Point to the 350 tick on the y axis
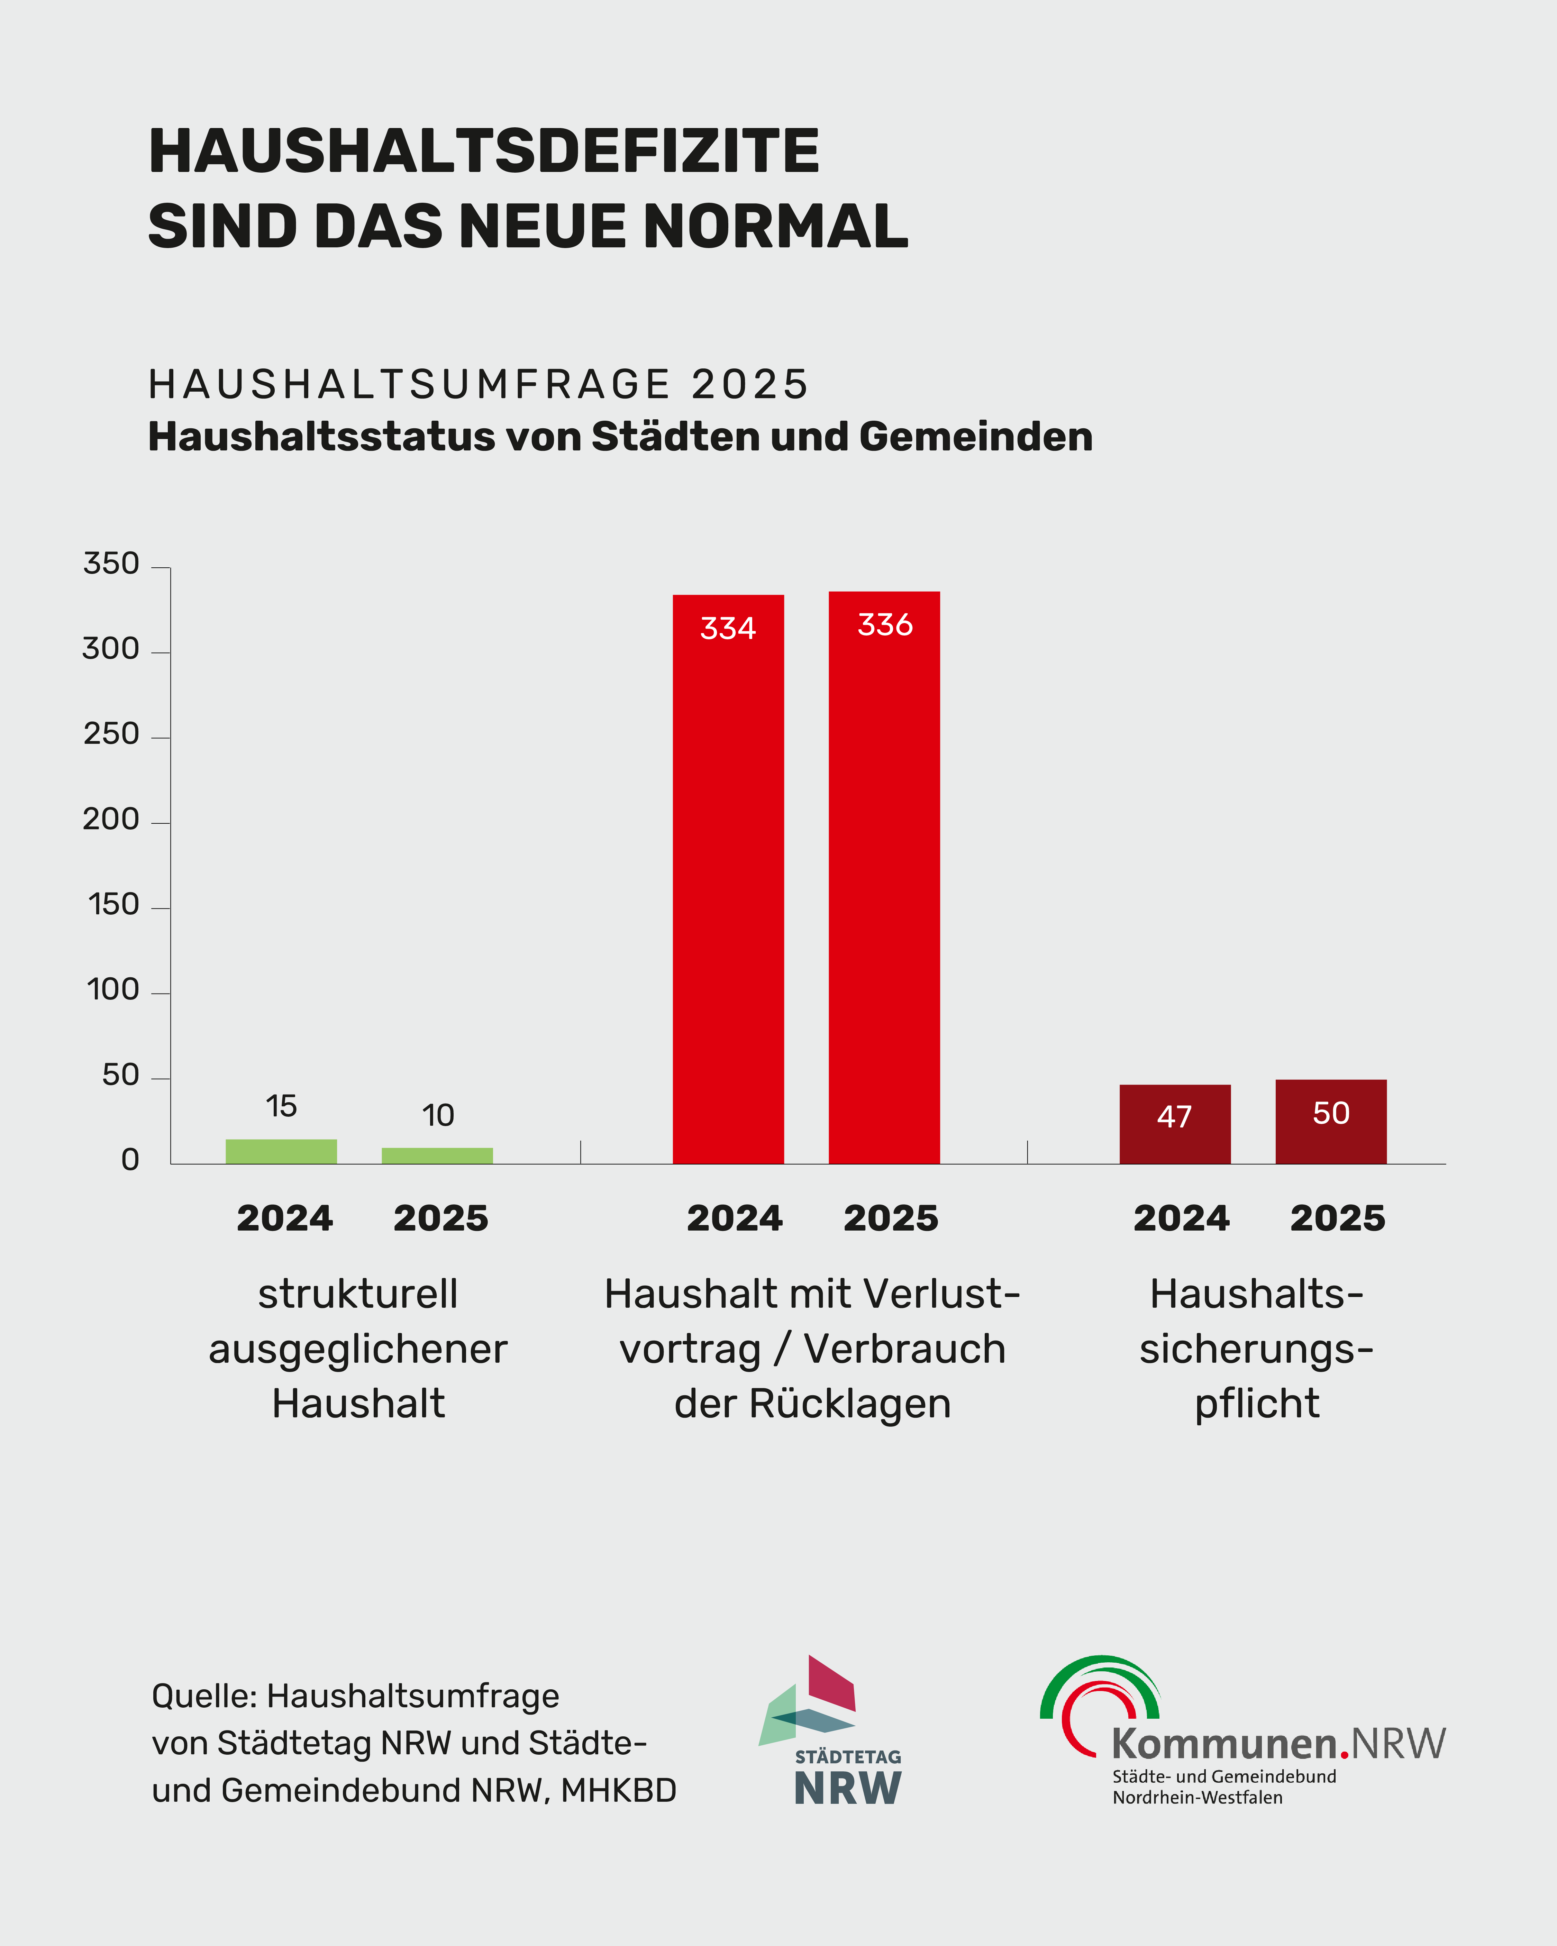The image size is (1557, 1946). click(111, 564)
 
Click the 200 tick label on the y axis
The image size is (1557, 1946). click(111, 820)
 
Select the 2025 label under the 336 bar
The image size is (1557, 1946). click(891, 1218)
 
